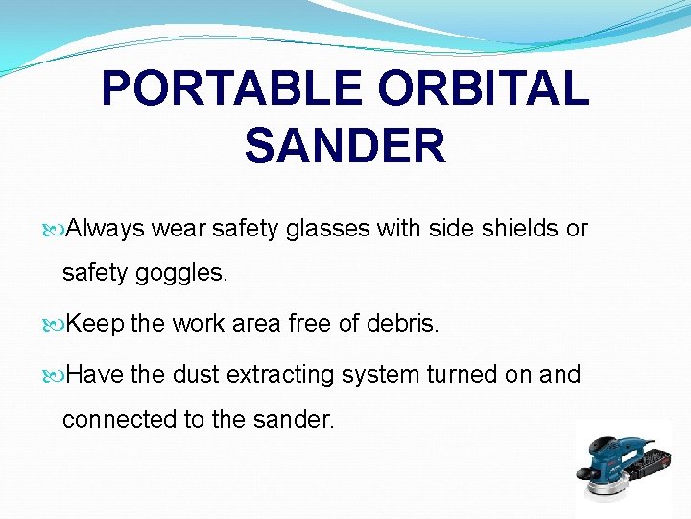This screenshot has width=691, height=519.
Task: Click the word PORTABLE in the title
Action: pos(230,88)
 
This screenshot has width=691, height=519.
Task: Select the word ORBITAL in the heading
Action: pos(483,88)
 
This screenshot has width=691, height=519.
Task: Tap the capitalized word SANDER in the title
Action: pos(345,146)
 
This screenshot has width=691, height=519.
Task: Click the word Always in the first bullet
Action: pos(107,229)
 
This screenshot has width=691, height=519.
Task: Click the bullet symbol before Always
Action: pos(55,230)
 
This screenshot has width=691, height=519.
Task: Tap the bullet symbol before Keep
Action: pos(55,325)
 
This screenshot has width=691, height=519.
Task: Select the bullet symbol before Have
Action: pos(55,375)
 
